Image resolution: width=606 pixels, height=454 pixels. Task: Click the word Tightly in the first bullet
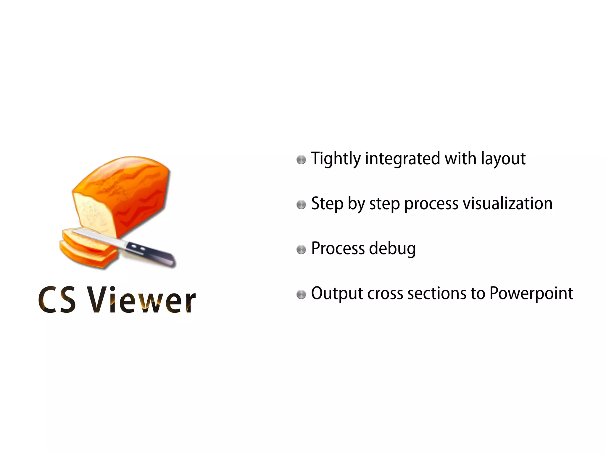pos(336,159)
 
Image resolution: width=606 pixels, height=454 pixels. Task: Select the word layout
pos(503,159)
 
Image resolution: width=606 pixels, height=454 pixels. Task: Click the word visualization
pos(507,204)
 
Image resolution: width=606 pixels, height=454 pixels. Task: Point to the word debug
pos(393,249)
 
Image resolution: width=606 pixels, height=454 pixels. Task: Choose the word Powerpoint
pos(531,294)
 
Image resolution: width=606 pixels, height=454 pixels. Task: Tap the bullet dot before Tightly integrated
pos(301,160)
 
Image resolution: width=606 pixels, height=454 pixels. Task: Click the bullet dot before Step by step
pos(301,205)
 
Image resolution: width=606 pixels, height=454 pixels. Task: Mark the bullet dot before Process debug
pos(301,249)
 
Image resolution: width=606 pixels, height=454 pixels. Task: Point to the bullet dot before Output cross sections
pos(301,294)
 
